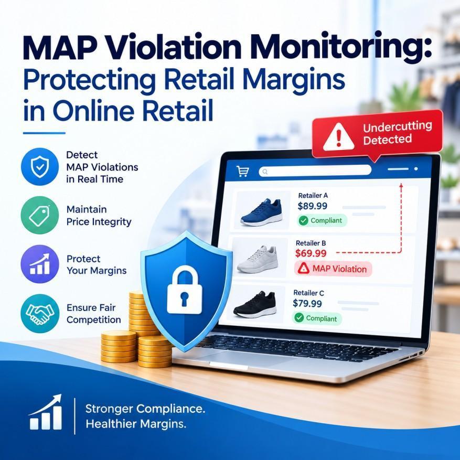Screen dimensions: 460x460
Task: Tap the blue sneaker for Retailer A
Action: click(x=261, y=211)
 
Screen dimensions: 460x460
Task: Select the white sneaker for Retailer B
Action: click(x=258, y=259)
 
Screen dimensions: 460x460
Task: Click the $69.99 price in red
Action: click(x=311, y=253)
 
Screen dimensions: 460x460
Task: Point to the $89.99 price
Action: click(x=312, y=206)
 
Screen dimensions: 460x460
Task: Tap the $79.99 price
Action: click(x=307, y=303)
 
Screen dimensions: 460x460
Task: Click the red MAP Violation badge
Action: click(x=333, y=269)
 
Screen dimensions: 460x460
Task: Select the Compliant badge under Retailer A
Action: click(x=322, y=220)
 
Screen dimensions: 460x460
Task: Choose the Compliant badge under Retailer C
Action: click(x=317, y=318)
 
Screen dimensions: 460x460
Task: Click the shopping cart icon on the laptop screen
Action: click(x=243, y=171)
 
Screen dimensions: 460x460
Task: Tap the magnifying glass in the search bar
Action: click(x=265, y=172)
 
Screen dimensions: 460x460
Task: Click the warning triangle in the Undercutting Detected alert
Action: click(x=338, y=137)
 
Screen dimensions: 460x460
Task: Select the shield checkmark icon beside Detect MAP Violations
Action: click(x=40, y=167)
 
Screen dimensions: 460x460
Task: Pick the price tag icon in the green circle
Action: click(x=39, y=216)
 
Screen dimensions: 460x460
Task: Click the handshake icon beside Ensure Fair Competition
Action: click(x=40, y=313)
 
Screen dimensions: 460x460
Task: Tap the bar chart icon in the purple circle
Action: click(x=40, y=264)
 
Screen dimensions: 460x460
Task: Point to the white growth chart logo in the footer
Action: click(x=46, y=412)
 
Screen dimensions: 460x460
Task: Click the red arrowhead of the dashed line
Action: click(x=401, y=186)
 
